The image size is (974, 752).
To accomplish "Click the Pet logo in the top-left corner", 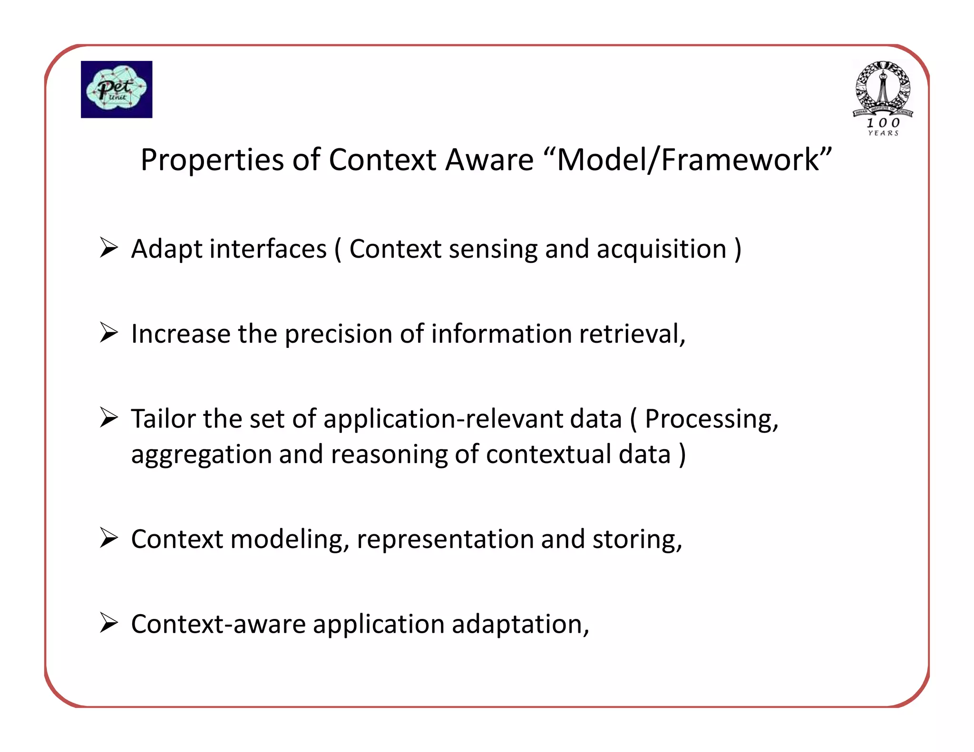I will point(117,89).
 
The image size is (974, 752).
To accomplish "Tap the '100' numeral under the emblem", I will point(883,123).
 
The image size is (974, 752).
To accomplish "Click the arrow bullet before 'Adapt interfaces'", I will point(109,248).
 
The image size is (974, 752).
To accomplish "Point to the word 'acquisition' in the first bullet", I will point(662,250).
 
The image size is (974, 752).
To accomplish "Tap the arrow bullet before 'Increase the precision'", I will point(109,333).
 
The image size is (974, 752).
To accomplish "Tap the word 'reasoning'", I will point(389,455).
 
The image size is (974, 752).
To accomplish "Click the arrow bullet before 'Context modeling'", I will point(109,538).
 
